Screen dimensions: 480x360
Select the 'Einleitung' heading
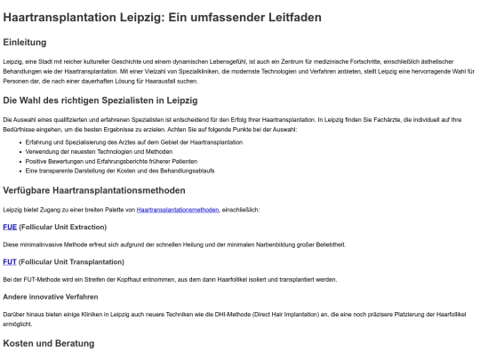pyautogui.click(x=30, y=42)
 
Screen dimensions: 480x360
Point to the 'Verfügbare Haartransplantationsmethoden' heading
pyautogui.click(x=94, y=189)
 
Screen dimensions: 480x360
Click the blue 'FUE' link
pyautogui.click(x=10, y=227)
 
